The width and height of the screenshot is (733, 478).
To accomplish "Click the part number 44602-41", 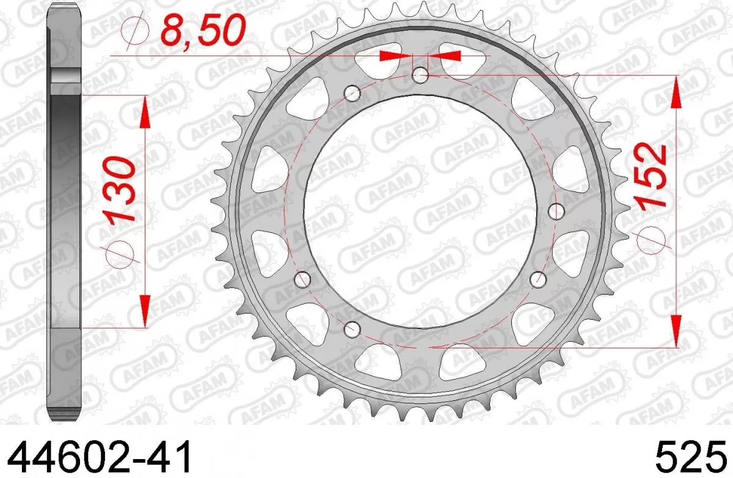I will coord(97,456).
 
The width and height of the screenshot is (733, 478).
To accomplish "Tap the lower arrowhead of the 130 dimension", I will coord(145,312).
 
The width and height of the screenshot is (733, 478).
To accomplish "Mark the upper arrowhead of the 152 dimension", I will coord(676,92).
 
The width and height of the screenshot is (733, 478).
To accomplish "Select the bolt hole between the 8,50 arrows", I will coord(420,76).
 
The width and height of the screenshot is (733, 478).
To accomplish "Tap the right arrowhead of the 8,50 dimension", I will coord(444,56).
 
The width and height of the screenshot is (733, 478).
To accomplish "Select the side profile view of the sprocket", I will coord(64,214).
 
